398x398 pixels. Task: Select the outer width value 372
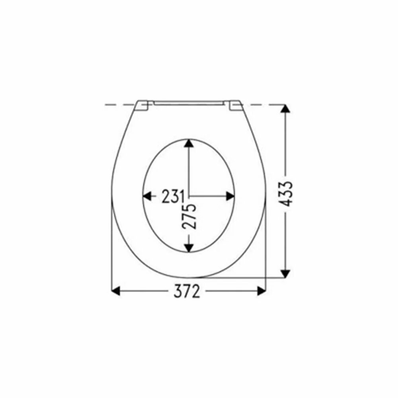pos(187,291)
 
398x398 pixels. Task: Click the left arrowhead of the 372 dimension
pos(116,291)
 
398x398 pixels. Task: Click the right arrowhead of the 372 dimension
pos(261,291)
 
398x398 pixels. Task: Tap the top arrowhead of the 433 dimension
pos(285,108)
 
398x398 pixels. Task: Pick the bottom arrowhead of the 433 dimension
pos(285,274)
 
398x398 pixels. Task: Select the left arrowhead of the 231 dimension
pos(147,196)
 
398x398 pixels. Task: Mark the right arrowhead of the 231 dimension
pos(230,196)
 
